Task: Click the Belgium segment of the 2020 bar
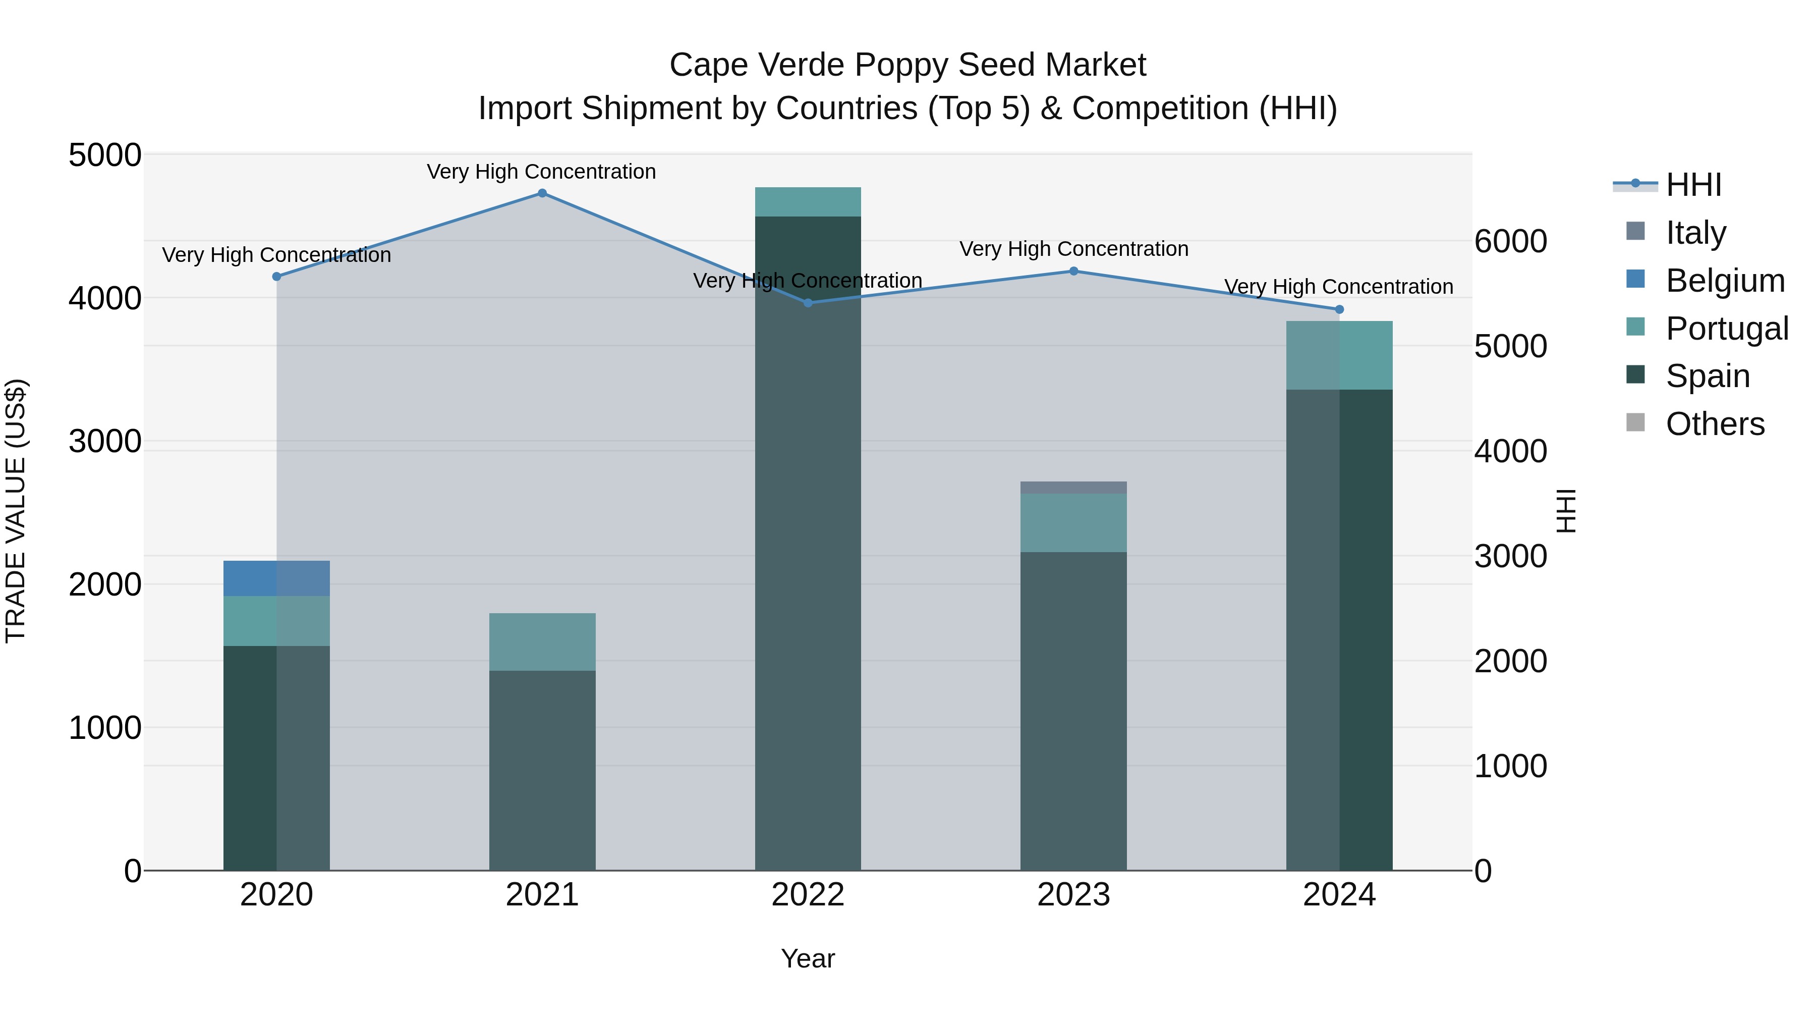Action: [276, 578]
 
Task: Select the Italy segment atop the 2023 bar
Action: [1073, 488]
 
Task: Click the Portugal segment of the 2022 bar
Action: [808, 202]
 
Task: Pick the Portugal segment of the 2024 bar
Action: [1339, 355]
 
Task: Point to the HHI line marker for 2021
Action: [542, 193]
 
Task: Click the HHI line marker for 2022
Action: [808, 303]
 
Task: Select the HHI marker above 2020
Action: [276, 277]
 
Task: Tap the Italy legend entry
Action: [1695, 232]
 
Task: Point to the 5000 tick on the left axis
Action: [104, 155]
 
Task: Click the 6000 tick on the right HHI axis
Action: [1511, 241]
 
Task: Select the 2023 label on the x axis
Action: [1073, 895]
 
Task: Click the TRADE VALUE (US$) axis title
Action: [16, 511]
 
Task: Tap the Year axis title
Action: [808, 958]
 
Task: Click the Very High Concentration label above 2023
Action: [1073, 249]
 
